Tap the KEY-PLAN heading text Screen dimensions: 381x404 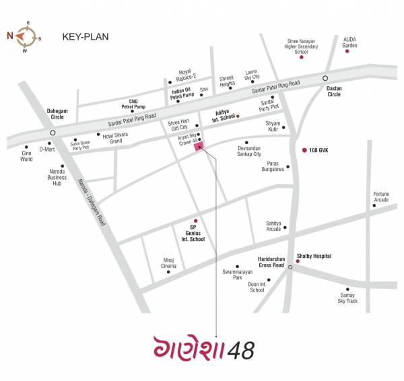84,36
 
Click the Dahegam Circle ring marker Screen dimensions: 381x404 52,133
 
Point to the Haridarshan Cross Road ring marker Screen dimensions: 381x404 290,267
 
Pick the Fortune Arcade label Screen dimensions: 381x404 382,197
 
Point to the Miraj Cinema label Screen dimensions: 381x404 169,263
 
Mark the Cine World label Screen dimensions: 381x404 26,156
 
